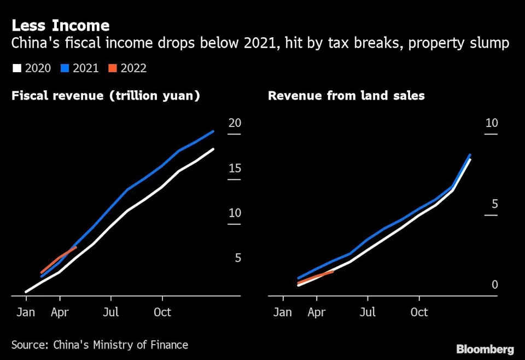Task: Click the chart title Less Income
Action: pos(61,25)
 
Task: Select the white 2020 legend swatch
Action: pos(17,68)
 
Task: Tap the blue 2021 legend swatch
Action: pos(65,68)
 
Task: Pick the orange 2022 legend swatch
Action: pos(112,68)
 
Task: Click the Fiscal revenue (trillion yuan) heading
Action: pos(106,96)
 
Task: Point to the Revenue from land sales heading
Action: pos(346,96)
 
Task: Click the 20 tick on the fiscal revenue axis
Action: pos(235,123)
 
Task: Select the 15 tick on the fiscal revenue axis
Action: pos(235,168)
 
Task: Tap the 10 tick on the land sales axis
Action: pos(492,123)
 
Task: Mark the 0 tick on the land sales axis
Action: pos(494,284)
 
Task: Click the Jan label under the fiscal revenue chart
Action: pos(26,312)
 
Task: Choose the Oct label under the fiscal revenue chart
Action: pos(162,312)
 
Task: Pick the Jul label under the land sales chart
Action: pos(367,312)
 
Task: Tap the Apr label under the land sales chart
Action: pos(317,312)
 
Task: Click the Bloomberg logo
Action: pos(485,349)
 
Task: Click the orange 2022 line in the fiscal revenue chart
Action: pos(59,259)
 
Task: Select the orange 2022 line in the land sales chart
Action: pos(316,277)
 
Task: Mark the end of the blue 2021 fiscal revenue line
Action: pos(213,131)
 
